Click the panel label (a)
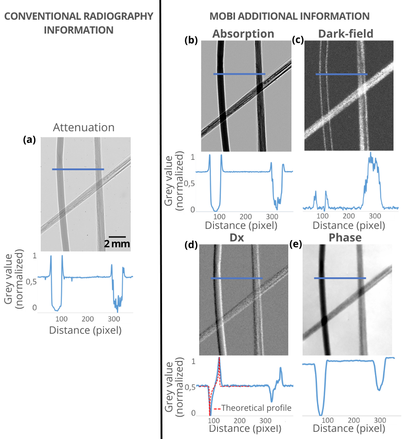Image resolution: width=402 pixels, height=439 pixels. (x=29, y=140)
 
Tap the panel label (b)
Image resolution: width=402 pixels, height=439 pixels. (x=191, y=39)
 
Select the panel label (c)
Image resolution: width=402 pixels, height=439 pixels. (x=298, y=39)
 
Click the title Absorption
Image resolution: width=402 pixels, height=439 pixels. (x=243, y=34)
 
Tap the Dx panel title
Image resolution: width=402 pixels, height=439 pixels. (x=243, y=238)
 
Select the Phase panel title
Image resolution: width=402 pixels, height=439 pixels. (x=346, y=238)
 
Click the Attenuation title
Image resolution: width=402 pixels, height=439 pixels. (x=84, y=128)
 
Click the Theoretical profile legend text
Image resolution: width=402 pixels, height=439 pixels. (x=256, y=408)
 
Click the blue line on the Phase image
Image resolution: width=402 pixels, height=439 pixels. (x=340, y=278)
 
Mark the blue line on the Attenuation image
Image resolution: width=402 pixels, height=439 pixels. (x=78, y=169)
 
